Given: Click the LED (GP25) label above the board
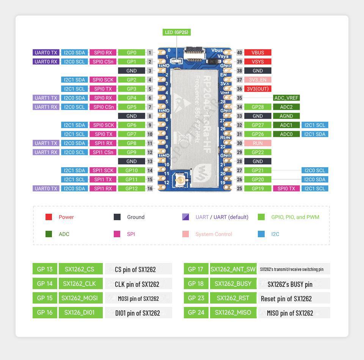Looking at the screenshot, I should coord(176,32).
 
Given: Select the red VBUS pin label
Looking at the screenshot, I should coord(258,53).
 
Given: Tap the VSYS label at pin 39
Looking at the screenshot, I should coord(258,62).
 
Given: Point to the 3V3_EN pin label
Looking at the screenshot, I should coord(258,80).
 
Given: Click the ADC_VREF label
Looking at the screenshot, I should coord(286,98).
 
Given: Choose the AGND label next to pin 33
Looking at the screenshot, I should coord(286,116).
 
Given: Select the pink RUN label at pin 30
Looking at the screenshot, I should coord(258,143).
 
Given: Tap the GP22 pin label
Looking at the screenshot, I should coord(258,152).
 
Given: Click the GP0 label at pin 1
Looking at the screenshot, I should coord(132,53).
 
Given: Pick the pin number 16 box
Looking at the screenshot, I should coord(150,188).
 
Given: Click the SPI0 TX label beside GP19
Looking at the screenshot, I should coord(286,188).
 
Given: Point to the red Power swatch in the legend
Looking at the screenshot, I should coord(49,217).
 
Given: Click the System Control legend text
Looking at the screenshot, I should coord(213,234).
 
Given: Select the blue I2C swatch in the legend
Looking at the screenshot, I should coord(261,234).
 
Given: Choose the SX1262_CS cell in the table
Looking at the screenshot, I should coord(80,269).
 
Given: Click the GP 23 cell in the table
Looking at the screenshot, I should coord(196,298).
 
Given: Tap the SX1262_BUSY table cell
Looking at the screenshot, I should coord(233,283).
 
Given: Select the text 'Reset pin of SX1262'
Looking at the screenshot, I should coord(286,299).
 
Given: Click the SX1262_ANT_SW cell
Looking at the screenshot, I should coord(233,269).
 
